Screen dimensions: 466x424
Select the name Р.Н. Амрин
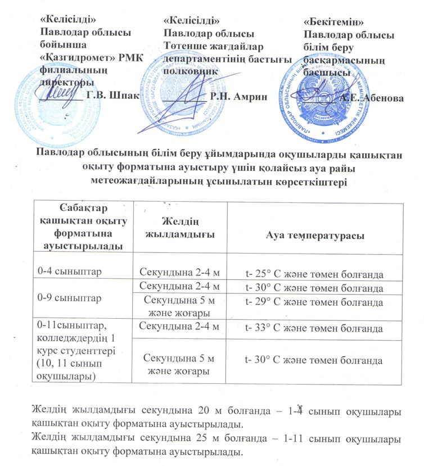[236, 96]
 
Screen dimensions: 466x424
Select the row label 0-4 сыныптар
[65, 272]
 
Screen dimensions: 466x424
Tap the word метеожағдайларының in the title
[142, 181]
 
